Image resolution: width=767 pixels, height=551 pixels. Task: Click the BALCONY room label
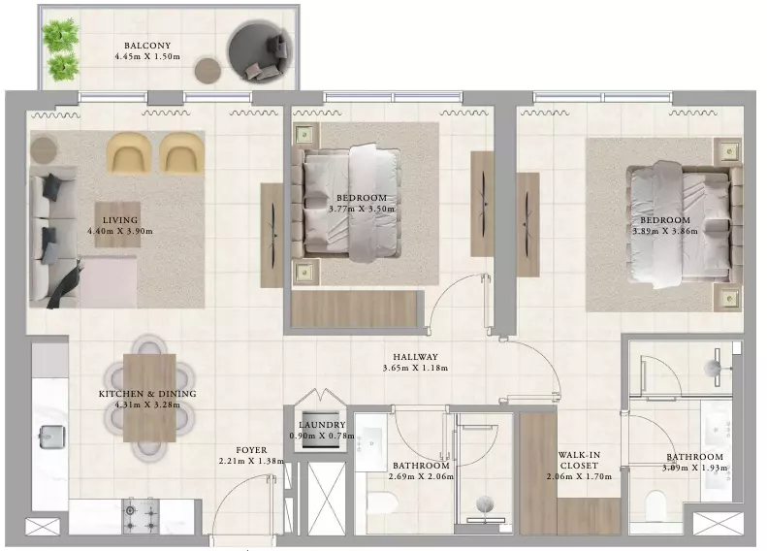(147, 46)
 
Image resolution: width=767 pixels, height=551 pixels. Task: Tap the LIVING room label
(120, 220)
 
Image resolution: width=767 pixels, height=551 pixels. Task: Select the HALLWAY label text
(415, 357)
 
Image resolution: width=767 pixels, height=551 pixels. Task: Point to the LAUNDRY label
(322, 425)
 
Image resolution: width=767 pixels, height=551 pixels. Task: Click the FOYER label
(251, 450)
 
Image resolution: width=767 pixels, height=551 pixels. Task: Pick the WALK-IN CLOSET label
(579, 461)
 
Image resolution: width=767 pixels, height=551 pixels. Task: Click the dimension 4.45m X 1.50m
(147, 57)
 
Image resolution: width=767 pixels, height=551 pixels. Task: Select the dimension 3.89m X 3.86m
(665, 231)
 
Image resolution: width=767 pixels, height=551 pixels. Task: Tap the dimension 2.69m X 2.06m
(421, 476)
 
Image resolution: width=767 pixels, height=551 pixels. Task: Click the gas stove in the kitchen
(141, 516)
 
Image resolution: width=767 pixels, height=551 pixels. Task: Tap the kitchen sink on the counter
(51, 437)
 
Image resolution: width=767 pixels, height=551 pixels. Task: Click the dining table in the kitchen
(149, 398)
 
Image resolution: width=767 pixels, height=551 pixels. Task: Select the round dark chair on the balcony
(259, 52)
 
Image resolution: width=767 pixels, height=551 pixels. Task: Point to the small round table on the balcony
(208, 71)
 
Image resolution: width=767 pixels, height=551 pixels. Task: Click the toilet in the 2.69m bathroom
(382, 502)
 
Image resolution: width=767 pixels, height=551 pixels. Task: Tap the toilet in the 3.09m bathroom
(655, 506)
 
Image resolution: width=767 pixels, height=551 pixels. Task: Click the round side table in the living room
(44, 149)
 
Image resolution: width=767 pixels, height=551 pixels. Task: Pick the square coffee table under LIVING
(117, 225)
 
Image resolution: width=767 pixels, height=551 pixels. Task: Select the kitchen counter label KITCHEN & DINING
(147, 394)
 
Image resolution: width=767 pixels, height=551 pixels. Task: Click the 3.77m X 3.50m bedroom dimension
(362, 209)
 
